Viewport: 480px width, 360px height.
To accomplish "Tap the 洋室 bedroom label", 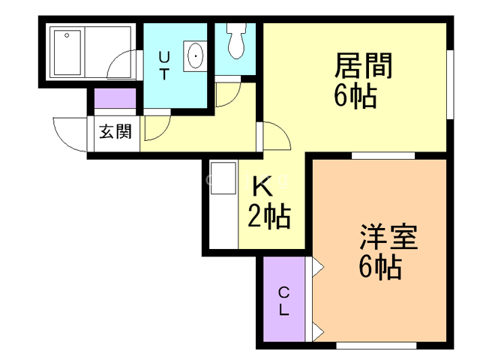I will click(x=388, y=238).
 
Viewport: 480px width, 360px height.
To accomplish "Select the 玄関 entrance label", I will click(x=115, y=133).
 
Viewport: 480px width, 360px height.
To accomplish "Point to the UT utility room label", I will click(x=165, y=65).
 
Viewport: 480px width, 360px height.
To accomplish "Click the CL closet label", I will click(x=284, y=301).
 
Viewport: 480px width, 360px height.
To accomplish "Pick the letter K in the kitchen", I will click(x=262, y=184).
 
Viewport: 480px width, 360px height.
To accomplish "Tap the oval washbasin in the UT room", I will click(x=196, y=55).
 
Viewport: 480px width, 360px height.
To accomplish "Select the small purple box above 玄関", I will click(x=115, y=99).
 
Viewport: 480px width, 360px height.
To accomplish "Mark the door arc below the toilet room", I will click(x=226, y=94).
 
